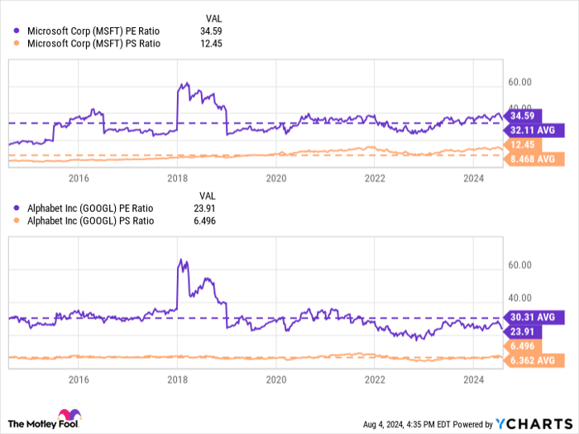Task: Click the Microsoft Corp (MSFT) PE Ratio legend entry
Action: click(x=93, y=31)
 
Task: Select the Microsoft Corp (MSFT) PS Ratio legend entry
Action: click(x=93, y=44)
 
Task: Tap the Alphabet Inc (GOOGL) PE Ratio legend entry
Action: click(x=90, y=207)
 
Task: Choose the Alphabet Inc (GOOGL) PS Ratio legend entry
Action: click(x=90, y=221)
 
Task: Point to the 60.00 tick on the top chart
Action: click(x=519, y=83)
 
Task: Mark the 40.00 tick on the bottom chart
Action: click(x=519, y=298)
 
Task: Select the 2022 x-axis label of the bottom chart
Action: click(x=376, y=379)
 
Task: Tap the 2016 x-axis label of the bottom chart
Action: click(x=79, y=379)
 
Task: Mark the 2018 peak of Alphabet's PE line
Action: click(x=182, y=260)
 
